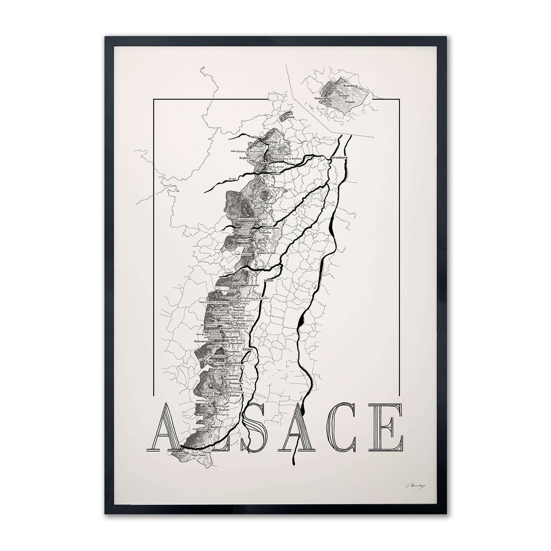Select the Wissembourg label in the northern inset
[353, 86]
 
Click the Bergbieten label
[247, 159]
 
